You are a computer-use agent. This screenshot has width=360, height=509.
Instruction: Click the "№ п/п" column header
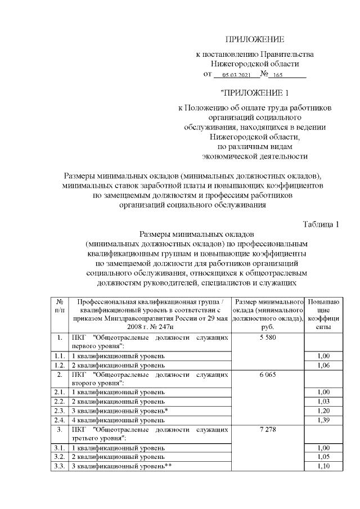tap(59, 306)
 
